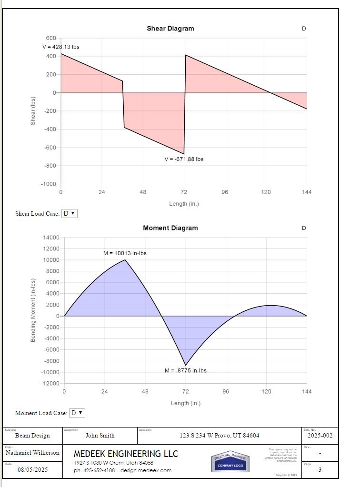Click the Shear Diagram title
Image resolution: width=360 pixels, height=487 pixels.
click(170, 29)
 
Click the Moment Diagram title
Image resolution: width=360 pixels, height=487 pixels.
click(170, 228)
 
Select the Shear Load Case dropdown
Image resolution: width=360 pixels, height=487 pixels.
click(69, 213)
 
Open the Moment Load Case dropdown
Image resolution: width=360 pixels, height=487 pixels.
click(77, 413)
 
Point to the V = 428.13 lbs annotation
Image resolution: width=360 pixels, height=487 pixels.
click(60, 47)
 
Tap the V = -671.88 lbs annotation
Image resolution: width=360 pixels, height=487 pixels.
click(184, 159)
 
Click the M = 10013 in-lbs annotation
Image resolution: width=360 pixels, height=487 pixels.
click(125, 253)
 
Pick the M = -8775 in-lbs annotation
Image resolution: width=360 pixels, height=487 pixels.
click(186, 370)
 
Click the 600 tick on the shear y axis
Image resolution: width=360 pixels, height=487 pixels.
click(51, 38)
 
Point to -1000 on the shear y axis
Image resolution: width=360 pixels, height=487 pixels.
click(49, 184)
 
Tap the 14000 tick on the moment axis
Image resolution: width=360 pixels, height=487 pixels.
click(51, 238)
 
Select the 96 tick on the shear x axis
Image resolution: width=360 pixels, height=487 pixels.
click(225, 192)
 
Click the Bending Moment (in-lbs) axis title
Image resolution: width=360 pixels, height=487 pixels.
click(33, 310)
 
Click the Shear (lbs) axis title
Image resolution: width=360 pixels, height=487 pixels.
click(33, 111)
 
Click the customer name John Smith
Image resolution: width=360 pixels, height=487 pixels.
click(100, 435)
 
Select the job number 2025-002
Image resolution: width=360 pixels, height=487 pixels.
click(320, 435)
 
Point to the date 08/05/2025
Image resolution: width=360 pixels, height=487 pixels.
click(33, 470)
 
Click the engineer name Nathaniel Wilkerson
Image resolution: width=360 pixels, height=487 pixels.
click(32, 453)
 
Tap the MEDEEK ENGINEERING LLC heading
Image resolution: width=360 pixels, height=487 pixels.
click(126, 454)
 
